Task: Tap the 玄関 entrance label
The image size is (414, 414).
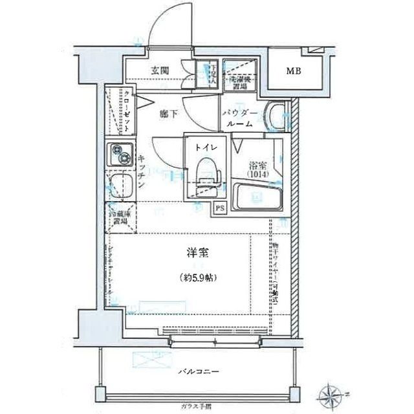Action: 161,71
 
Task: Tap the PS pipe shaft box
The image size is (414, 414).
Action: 221,208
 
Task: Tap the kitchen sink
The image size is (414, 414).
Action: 119,186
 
